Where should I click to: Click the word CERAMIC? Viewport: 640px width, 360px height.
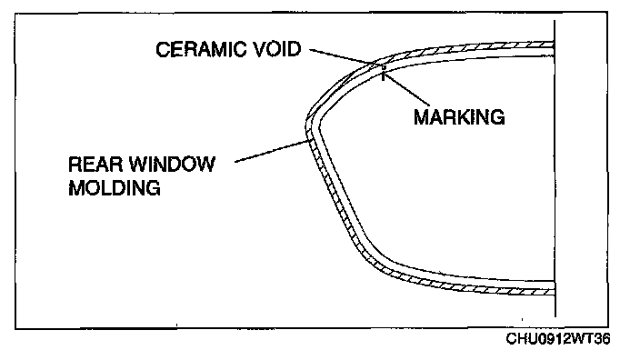200,49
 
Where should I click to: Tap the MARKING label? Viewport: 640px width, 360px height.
459,117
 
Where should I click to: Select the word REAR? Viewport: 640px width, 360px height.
95,165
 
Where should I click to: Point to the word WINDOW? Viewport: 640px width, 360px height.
172,165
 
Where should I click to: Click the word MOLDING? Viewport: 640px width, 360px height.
115,188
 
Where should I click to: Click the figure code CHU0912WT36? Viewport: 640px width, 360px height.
558,338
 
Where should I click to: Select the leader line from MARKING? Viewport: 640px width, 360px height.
407,88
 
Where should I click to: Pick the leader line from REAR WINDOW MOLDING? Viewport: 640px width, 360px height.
272,151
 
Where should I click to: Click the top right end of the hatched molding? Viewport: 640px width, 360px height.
554,44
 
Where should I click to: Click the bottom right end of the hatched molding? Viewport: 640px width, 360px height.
554,292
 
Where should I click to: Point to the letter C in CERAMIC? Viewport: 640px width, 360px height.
162,49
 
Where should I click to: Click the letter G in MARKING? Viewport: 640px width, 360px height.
497,117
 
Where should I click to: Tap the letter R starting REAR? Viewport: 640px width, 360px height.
75,165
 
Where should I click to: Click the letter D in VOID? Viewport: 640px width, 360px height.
294,49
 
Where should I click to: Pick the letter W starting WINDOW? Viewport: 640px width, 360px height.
139,165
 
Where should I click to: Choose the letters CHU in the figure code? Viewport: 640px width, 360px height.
519,338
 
